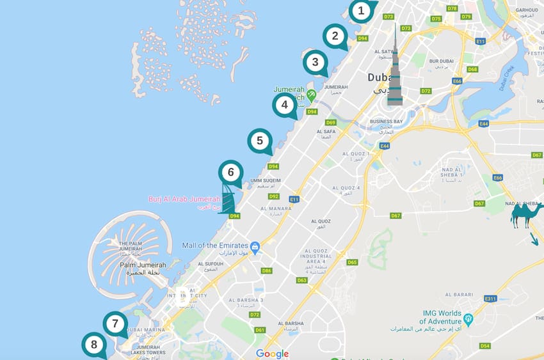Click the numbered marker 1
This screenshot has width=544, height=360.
pos(362,10)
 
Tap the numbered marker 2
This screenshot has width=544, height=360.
pos(335,36)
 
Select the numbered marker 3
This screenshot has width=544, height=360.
pos(314,63)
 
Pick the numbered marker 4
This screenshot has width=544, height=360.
pos(284,105)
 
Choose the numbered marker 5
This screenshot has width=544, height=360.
pos(259,141)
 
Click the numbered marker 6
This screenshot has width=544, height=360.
pos(230,172)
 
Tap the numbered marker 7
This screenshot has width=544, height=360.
pos(115,324)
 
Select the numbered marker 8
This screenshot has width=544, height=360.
pos(94,345)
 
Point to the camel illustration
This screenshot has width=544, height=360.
pos(526,215)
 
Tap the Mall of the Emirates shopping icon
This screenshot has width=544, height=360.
pos(255,246)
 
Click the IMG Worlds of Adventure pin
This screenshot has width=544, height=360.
pos(468,318)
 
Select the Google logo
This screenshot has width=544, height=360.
pos(272,354)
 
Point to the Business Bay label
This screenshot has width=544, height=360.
pos(386,121)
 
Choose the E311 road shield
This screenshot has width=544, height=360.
pos(490,299)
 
